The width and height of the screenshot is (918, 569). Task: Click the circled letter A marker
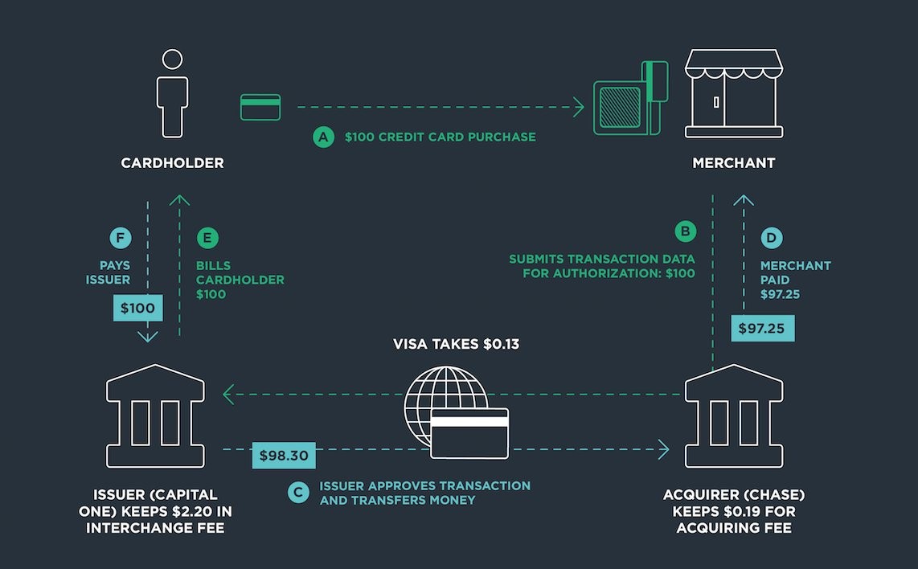coord(323,137)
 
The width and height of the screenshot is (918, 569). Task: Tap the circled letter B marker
coord(685,231)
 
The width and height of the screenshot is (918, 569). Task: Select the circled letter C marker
coord(298,492)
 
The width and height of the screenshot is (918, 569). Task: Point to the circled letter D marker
coord(770,238)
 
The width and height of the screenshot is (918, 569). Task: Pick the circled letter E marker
coord(207,238)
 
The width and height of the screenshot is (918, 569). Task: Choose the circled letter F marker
coord(120,238)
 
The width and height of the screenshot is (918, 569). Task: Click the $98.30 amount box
coord(284,456)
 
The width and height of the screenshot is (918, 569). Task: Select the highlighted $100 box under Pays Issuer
coord(138,308)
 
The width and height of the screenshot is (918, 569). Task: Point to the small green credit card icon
coord(260,107)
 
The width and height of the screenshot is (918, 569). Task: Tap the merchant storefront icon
coord(733,94)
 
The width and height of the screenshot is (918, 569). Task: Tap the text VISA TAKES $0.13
coord(456,344)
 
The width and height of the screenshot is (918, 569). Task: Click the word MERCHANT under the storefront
coord(733,163)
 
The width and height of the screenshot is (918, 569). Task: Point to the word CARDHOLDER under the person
coord(172,163)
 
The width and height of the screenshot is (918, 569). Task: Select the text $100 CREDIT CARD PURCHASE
coord(440,137)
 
